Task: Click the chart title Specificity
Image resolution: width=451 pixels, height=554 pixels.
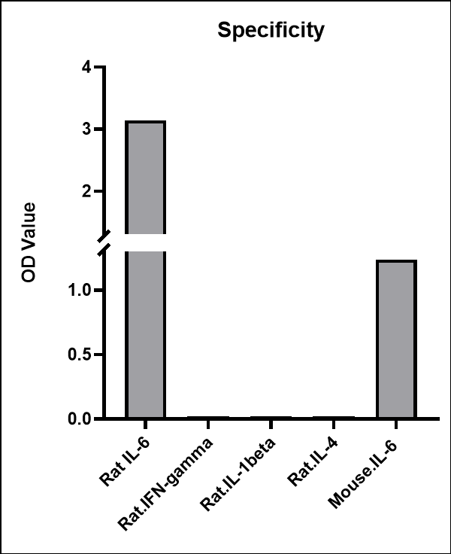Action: [x=271, y=31]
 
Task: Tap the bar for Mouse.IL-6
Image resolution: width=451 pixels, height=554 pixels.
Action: [x=396, y=339]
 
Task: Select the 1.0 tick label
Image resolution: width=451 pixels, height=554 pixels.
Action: [x=82, y=290]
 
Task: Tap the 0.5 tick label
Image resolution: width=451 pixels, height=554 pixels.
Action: [x=82, y=355]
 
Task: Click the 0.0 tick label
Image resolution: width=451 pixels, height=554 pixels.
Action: [x=82, y=419]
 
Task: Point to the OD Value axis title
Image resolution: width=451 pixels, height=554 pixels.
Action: [x=29, y=242]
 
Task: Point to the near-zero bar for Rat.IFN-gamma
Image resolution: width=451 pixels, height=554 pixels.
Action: [x=208, y=417]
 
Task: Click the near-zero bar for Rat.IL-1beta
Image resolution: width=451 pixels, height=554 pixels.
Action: [x=271, y=417]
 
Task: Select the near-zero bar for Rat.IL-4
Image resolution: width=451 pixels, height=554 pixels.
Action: [x=333, y=417]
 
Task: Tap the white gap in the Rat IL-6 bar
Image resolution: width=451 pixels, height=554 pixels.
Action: [x=146, y=242]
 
